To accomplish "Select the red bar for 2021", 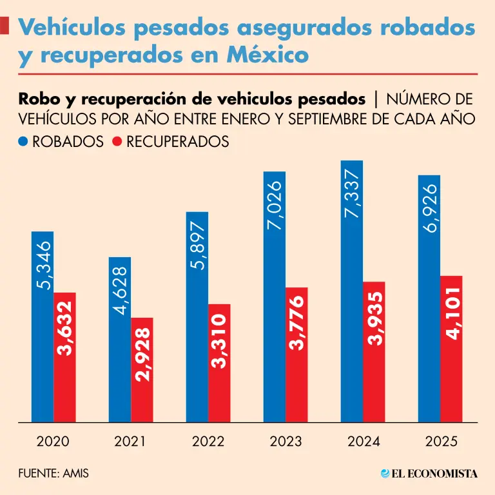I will (x=142, y=370).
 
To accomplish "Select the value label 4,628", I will (x=121, y=291).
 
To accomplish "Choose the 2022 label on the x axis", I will (x=208, y=442).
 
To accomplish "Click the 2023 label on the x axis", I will (x=286, y=442).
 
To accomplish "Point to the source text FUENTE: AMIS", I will (x=53, y=474).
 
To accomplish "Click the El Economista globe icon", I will (x=386, y=474).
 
